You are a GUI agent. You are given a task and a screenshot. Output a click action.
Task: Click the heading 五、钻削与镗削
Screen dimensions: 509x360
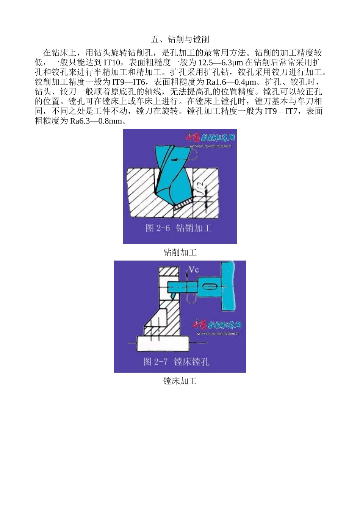click(x=180, y=39)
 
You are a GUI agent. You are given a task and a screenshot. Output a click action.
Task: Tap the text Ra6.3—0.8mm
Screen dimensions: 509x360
click(x=96, y=121)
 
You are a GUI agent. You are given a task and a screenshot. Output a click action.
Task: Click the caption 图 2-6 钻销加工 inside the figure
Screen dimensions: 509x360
click(x=179, y=228)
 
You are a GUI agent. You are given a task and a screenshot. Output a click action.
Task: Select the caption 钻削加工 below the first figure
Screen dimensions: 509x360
click(x=180, y=253)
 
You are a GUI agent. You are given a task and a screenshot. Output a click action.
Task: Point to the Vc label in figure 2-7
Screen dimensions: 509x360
click(x=194, y=269)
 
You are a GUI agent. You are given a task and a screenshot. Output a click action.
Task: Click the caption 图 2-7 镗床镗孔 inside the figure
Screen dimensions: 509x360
click(x=176, y=362)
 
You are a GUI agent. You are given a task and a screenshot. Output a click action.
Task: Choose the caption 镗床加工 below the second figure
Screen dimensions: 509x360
click(x=180, y=381)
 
